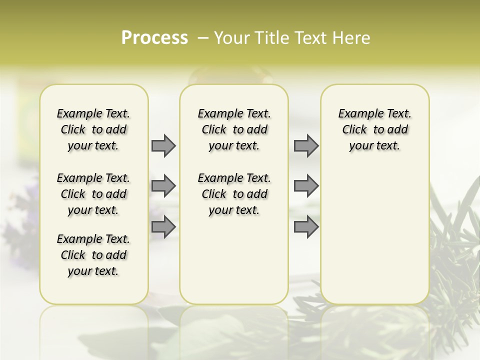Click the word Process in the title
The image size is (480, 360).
pos(154,38)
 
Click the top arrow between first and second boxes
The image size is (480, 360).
pos(163,145)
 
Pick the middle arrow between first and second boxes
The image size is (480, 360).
pos(163,186)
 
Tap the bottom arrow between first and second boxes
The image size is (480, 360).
pos(163,226)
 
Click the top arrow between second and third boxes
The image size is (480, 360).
pos(306,145)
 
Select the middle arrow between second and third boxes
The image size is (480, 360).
pos(306,186)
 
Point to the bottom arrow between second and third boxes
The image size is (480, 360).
pos(306,226)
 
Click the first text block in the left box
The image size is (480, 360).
pos(93,129)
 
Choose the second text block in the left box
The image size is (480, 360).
pos(93,194)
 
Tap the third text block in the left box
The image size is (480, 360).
pos(93,255)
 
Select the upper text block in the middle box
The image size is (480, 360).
pos(234,129)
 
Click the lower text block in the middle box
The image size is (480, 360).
pos(234,194)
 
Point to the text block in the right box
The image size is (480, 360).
pos(374,129)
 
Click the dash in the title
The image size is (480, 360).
pos(203,38)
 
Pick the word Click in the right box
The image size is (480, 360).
pos(354,129)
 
